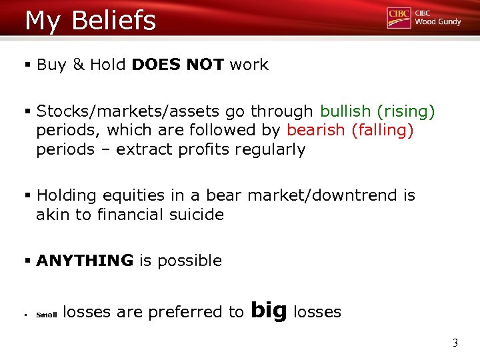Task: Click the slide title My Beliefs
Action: click(x=90, y=20)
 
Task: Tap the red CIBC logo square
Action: click(x=399, y=18)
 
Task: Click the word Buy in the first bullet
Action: click(x=51, y=65)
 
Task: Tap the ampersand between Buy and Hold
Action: click(x=78, y=65)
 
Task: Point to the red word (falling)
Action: click(x=383, y=130)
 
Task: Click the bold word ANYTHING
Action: click(x=85, y=261)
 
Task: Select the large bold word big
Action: click(x=270, y=310)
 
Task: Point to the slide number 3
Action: click(x=455, y=344)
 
